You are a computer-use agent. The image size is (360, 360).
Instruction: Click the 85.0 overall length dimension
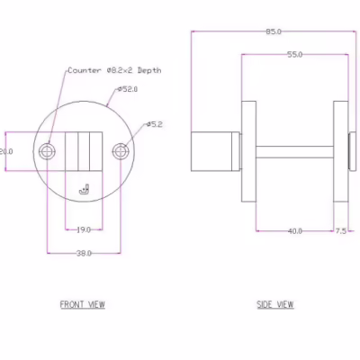click(x=274, y=31)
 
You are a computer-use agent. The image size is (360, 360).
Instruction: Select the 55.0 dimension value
click(x=295, y=55)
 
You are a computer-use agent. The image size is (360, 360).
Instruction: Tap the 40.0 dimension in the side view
click(x=295, y=231)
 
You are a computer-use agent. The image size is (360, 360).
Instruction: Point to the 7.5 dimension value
click(x=340, y=231)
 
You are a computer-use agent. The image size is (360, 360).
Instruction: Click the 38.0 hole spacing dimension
click(x=84, y=254)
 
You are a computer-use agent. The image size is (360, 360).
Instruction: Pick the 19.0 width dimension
click(x=84, y=230)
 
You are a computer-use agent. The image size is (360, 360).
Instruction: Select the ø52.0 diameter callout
click(x=128, y=89)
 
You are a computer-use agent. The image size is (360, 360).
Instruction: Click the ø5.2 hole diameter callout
click(x=155, y=124)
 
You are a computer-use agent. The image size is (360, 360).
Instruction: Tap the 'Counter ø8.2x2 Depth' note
click(x=114, y=70)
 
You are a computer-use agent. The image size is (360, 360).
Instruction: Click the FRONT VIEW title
click(x=83, y=304)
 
